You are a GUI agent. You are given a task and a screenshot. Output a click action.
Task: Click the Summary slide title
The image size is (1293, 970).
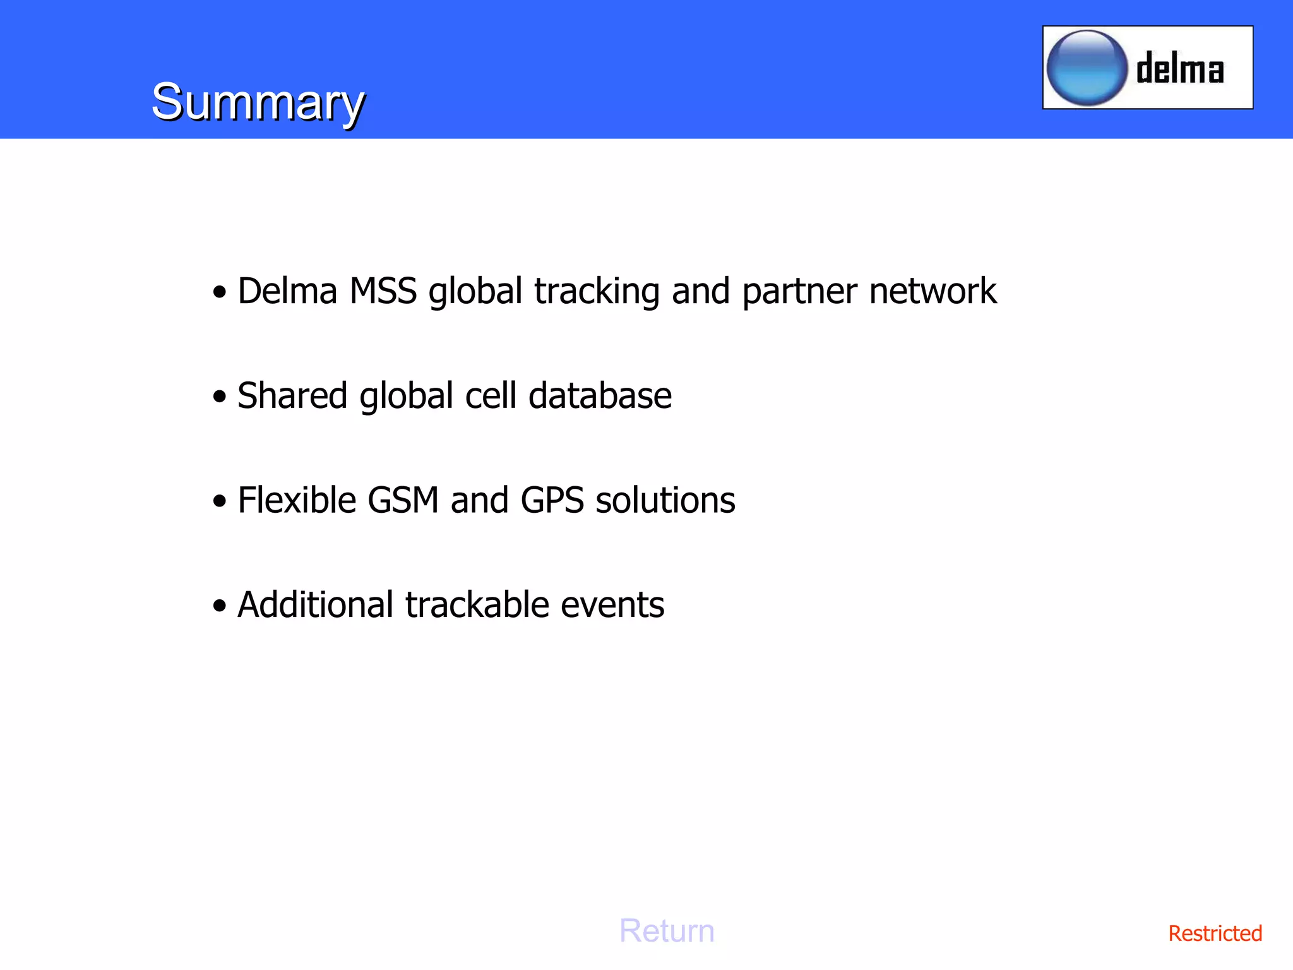tap(258, 102)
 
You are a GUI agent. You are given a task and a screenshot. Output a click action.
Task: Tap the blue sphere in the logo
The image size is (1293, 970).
tap(1087, 68)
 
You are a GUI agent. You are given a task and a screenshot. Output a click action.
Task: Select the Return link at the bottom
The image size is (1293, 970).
tap(667, 931)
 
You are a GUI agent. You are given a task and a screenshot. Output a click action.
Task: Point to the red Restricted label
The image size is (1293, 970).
tap(1215, 933)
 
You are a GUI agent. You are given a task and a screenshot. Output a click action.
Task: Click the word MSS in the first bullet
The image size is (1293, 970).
tap(383, 291)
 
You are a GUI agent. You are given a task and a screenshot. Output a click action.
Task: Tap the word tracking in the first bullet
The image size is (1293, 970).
tap(597, 292)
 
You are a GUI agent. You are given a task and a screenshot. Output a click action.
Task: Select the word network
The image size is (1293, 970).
tap(933, 291)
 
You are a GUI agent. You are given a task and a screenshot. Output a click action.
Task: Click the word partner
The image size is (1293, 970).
tap(799, 292)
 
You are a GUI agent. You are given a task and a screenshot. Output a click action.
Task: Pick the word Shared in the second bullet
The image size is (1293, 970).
tap(292, 396)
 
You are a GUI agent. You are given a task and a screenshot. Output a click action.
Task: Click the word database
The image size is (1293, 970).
tap(600, 396)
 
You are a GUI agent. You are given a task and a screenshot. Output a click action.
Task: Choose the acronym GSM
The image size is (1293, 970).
tap(403, 500)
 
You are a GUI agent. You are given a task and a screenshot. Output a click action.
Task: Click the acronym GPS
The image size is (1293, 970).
tap(552, 500)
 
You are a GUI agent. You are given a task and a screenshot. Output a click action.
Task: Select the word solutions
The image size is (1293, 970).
tap(665, 500)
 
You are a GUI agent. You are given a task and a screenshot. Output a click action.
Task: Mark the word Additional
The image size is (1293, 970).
tap(316, 605)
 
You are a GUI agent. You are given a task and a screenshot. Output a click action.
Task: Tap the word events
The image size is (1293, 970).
tap(612, 605)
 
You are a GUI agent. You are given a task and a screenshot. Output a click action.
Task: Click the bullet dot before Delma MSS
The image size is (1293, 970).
tap(219, 292)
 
